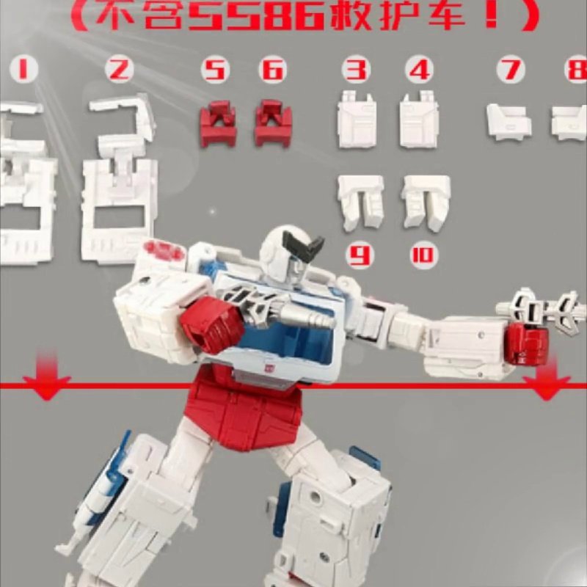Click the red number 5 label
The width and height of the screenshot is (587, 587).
pos(215,70)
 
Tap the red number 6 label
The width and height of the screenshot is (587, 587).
pos(272,70)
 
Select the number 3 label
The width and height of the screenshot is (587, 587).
pos(357,70)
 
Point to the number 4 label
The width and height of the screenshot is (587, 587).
pos(419,70)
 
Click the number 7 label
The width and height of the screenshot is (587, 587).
pos(510,70)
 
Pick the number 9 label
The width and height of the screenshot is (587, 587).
pos(360,256)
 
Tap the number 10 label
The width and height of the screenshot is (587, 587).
pos(423,256)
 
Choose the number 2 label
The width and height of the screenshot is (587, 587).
pos(119,70)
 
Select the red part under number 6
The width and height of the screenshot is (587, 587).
pos(273,124)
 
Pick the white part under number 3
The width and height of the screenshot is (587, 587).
pos(357,122)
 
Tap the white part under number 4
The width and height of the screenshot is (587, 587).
pos(419,122)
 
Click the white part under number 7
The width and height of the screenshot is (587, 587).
pos(509,122)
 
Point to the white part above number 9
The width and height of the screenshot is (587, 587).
pos(360,202)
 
